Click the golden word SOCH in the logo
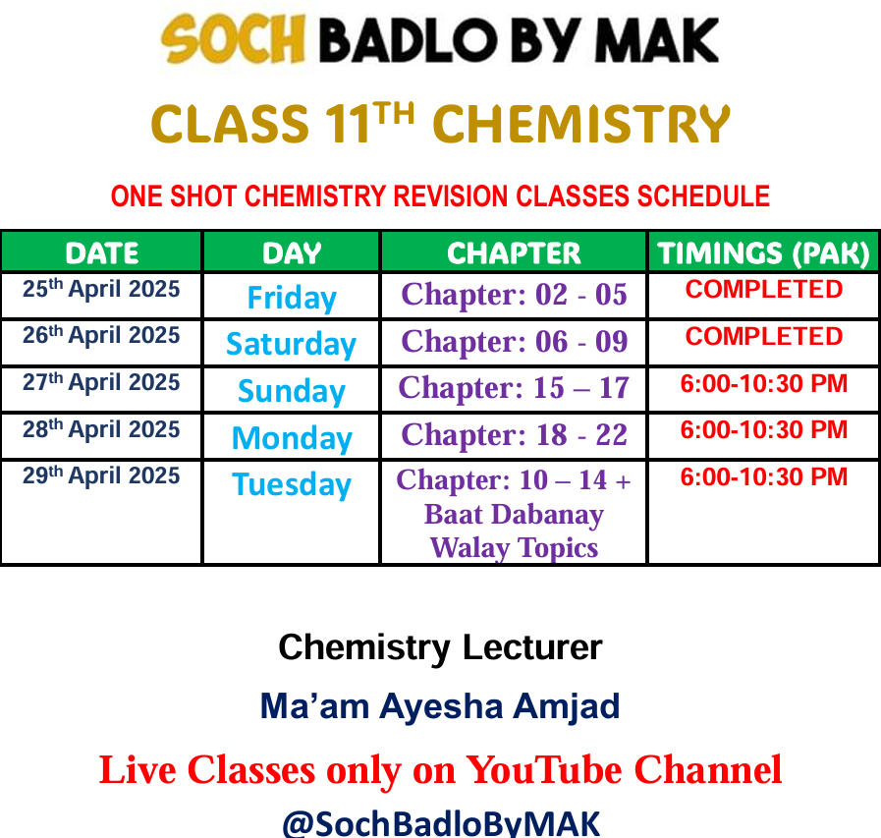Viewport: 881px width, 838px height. point(233,39)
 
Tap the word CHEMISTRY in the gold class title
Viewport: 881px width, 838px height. point(581,124)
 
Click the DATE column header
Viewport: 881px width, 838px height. point(102,252)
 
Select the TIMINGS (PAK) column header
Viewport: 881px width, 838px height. point(763,252)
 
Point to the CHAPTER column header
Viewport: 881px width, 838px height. point(514,252)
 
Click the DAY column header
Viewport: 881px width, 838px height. point(292,252)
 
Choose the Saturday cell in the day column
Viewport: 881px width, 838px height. point(291,344)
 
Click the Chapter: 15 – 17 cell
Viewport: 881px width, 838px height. point(514,388)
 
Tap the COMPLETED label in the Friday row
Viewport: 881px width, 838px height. point(763,289)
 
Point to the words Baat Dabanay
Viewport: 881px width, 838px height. point(514,514)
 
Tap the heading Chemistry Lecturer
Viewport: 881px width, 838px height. point(440,647)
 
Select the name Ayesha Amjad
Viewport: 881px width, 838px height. point(499,706)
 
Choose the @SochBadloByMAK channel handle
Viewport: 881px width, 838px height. point(440,823)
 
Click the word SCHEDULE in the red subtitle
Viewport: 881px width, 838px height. point(703,196)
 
